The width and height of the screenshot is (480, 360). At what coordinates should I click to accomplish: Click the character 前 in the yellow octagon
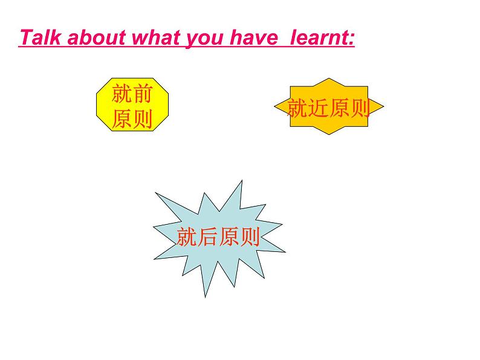143,93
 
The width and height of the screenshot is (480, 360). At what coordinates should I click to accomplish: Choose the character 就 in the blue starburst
186,236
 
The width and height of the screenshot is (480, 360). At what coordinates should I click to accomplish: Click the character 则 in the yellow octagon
143,119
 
